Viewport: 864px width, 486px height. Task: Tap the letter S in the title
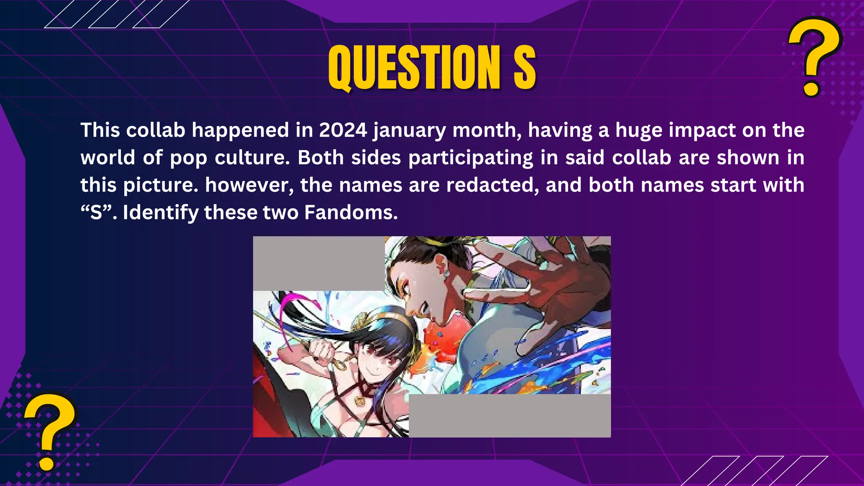click(x=524, y=67)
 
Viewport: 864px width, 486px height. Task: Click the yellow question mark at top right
click(x=814, y=57)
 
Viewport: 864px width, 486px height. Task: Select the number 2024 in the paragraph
click(x=343, y=130)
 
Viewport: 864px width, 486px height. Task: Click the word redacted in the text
click(x=492, y=185)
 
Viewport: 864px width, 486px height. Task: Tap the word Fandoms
click(x=351, y=212)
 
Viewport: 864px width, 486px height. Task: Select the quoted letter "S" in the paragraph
click(x=97, y=212)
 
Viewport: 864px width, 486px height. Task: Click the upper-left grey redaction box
click(x=319, y=262)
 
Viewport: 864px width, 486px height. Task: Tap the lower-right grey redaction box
click(x=510, y=416)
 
